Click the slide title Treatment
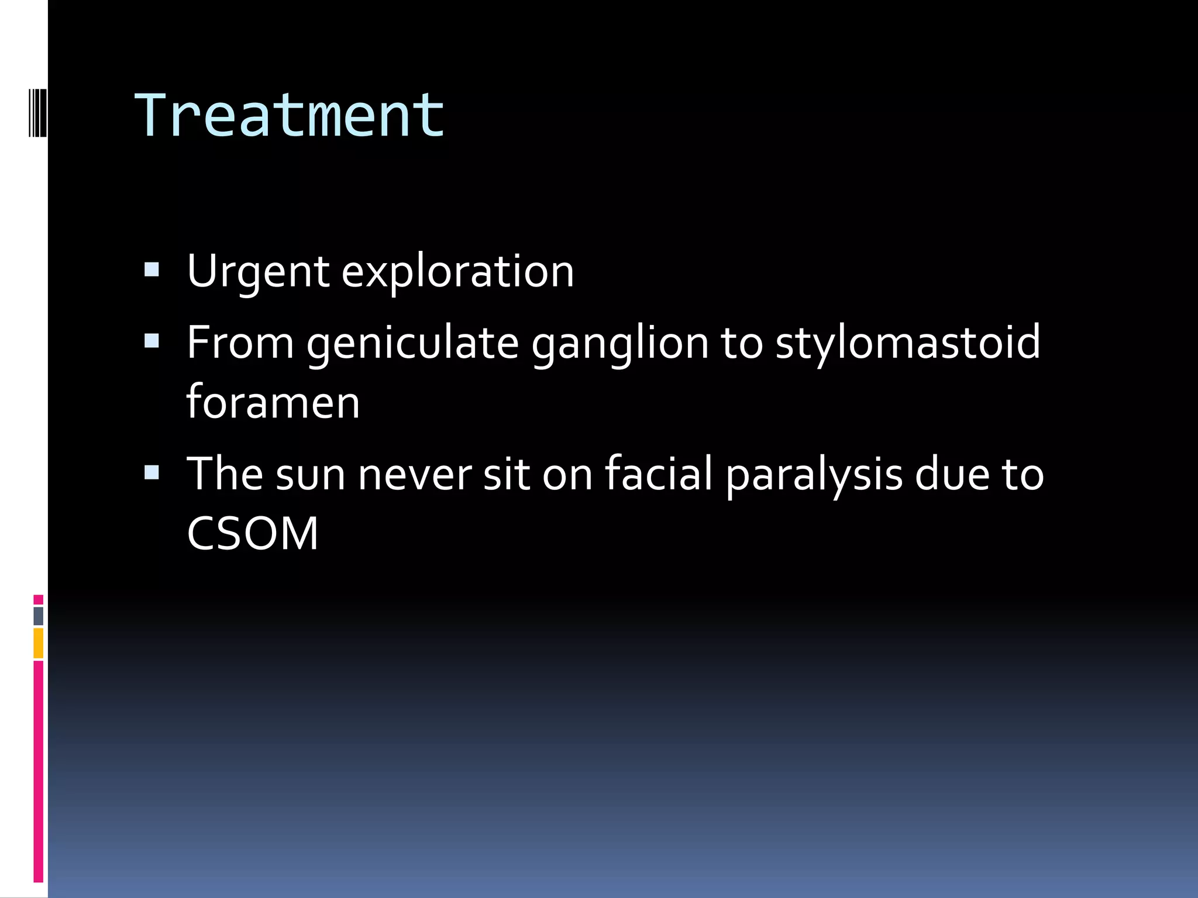point(290,115)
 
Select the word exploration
point(457,272)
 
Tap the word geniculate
point(412,343)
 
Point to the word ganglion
point(619,343)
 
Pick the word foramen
point(273,403)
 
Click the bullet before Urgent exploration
point(152,270)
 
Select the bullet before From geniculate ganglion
point(152,341)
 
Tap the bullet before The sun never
point(152,472)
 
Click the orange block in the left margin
point(39,643)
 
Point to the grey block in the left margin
point(39,616)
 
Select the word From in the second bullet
point(240,343)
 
